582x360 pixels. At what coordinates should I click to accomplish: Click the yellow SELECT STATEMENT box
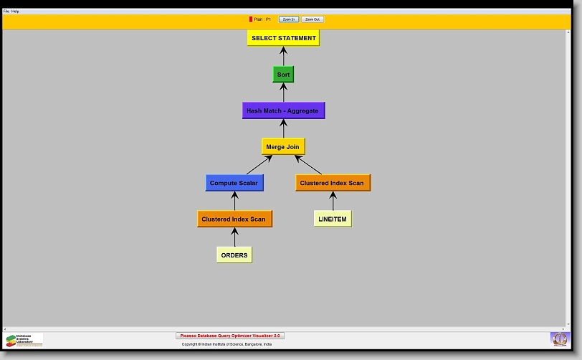point(283,38)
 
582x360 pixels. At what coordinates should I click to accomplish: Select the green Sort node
point(283,75)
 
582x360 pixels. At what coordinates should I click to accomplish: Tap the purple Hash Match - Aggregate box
point(283,110)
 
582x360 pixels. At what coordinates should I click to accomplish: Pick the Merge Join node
point(283,146)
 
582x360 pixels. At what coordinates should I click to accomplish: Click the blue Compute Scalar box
point(234,183)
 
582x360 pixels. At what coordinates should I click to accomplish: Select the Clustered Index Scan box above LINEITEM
point(333,183)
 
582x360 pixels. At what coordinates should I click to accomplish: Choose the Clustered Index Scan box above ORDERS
point(234,219)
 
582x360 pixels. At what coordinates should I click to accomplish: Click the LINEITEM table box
point(333,219)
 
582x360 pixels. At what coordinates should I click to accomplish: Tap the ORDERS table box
point(234,255)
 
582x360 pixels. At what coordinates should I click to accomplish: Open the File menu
point(6,11)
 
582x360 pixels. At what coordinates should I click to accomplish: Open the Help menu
point(15,11)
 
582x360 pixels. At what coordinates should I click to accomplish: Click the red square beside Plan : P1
point(251,19)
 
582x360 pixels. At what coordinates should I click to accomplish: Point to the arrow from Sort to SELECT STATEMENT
point(283,56)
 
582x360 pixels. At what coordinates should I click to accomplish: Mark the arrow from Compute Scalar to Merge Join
point(259,164)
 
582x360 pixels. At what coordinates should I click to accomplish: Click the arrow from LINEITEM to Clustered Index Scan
point(333,201)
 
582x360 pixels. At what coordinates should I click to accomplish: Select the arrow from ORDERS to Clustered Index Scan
point(234,237)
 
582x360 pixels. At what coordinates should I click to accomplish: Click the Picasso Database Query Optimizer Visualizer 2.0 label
point(230,336)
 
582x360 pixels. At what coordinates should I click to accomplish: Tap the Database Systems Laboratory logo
point(24,340)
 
